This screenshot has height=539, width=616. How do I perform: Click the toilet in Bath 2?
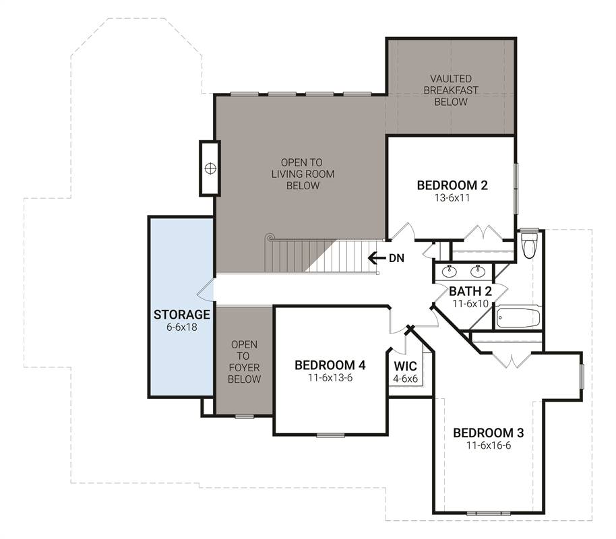coord(529,245)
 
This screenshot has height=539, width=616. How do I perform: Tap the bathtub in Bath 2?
coord(518,318)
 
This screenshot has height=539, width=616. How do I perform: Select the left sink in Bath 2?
coord(448,271)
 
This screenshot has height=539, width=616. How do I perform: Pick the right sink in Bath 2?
coord(478,271)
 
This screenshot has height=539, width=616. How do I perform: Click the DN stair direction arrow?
coord(376,258)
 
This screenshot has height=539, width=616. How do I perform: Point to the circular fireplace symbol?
coord(210,168)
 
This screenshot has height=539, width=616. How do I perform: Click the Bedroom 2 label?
coord(452,185)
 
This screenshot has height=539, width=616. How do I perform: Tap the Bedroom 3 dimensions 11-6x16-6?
coord(489,445)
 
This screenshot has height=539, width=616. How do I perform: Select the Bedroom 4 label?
coord(330,365)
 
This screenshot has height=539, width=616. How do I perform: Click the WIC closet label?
coord(405,366)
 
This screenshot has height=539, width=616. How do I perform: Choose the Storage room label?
coord(182,315)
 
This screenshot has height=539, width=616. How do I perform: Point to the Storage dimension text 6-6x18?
coord(182,327)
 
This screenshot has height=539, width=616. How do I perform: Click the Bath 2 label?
coord(470,291)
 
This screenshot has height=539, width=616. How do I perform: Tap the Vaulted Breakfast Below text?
coord(451,90)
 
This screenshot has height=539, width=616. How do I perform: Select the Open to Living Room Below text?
coord(303,174)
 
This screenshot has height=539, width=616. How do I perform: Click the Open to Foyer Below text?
coord(244,362)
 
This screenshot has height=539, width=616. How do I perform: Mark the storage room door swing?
coord(205,290)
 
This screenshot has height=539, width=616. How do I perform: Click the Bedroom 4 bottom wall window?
coord(330,435)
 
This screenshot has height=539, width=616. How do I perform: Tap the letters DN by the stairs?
coord(396,258)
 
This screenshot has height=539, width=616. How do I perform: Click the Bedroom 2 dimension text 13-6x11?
coord(452,197)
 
